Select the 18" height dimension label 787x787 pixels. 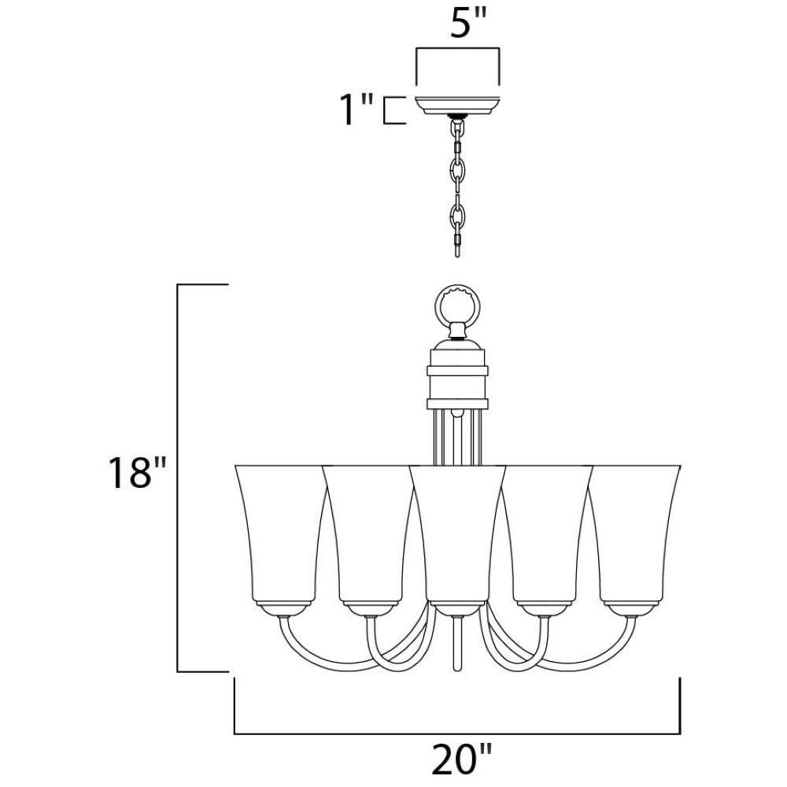coord(137,472)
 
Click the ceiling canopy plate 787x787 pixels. coord(457,105)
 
